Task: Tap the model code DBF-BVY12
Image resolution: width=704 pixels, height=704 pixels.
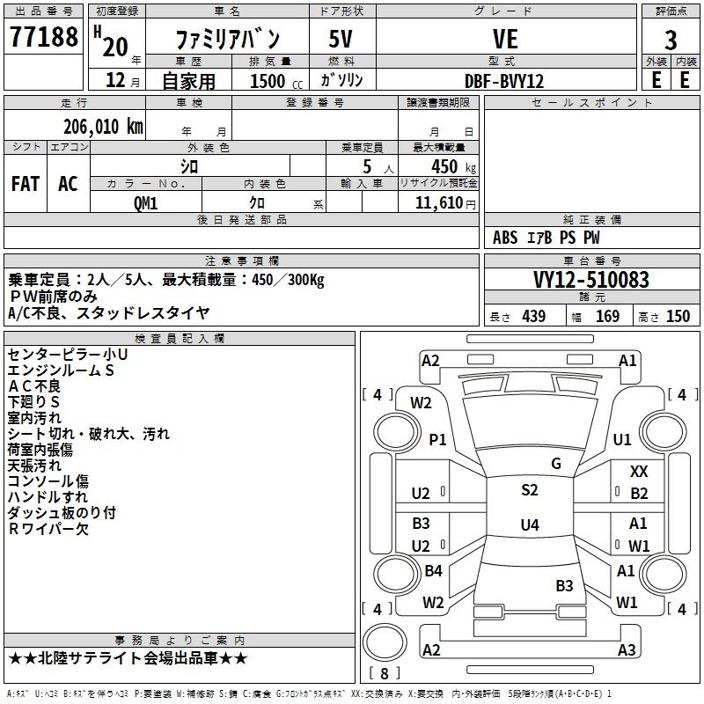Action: [505, 80]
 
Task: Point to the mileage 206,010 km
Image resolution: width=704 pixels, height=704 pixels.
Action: [103, 126]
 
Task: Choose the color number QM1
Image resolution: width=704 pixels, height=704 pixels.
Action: [145, 202]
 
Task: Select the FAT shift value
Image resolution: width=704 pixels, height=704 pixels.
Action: [26, 184]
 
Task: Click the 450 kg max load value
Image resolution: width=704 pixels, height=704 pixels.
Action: [437, 166]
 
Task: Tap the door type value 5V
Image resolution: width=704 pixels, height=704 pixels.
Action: [341, 39]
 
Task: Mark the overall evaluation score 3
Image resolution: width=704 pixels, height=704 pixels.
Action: [671, 40]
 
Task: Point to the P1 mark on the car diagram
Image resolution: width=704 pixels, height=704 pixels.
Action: [437, 439]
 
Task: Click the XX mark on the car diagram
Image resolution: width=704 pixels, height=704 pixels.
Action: [639, 473]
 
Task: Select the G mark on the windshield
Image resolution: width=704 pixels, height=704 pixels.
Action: [556, 464]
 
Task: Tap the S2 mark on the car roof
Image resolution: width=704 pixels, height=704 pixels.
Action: [529, 490]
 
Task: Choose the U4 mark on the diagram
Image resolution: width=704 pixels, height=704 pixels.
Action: [529, 525]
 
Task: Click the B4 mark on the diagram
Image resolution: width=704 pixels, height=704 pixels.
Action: [433, 571]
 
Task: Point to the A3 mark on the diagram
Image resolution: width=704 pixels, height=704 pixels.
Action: [626, 649]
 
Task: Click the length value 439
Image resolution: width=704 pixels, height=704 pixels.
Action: [533, 317]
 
